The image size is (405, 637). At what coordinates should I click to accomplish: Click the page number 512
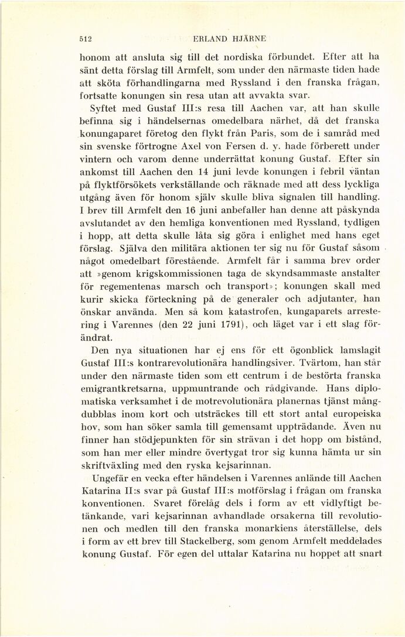click(x=87, y=39)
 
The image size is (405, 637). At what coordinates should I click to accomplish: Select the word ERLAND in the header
click(x=209, y=39)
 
